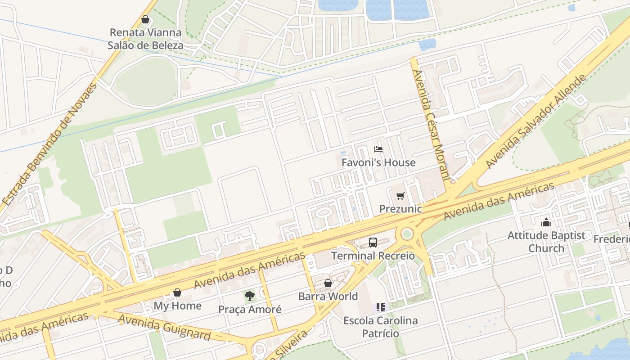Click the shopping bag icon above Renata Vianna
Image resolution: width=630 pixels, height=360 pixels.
(145, 20)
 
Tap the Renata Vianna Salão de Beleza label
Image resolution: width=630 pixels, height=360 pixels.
(145, 39)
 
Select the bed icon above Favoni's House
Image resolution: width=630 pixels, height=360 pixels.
(378, 149)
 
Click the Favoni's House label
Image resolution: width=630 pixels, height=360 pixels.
(378, 162)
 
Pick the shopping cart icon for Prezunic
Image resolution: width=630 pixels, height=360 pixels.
(400, 196)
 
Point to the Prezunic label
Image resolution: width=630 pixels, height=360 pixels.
(400, 209)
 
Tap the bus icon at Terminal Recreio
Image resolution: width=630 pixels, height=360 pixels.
(373, 243)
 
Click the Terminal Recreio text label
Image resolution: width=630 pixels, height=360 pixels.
(373, 256)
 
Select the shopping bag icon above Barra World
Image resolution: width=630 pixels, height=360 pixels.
(328, 283)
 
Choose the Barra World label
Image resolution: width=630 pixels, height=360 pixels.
(328, 296)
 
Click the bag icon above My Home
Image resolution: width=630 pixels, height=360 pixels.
(177, 293)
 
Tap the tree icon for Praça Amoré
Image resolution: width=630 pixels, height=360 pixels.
(250, 296)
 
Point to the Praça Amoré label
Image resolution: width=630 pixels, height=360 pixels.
(250, 310)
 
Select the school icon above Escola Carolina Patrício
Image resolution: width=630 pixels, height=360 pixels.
(381, 307)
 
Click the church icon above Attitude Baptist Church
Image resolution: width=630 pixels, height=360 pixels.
(546, 222)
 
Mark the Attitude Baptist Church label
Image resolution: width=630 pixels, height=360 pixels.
(546, 242)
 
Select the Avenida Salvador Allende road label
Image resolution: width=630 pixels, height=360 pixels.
(536, 121)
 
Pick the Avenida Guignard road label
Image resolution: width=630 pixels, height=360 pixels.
(164, 327)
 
